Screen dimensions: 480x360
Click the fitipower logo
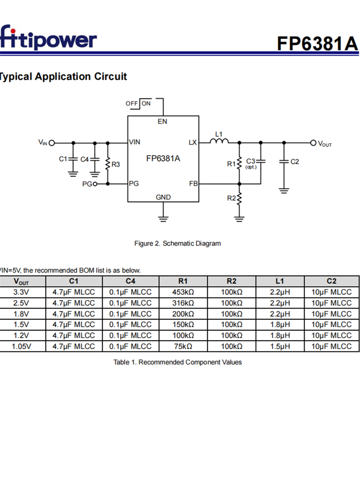(48, 38)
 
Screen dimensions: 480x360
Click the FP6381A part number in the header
(317, 43)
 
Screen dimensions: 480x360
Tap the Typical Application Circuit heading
(63, 76)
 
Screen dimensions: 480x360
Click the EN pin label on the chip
(162, 121)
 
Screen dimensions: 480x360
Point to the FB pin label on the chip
(193, 184)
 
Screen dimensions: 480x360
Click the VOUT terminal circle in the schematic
(313, 143)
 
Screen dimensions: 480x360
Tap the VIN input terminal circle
(52, 143)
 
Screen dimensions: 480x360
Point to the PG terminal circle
(95, 184)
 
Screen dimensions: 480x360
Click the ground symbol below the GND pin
(163, 219)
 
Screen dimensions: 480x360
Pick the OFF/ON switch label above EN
(138, 103)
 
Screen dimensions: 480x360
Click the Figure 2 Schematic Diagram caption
(178, 243)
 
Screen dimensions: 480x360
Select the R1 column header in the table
(183, 281)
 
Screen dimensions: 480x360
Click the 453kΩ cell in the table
(183, 292)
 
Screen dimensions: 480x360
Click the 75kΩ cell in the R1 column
(183, 346)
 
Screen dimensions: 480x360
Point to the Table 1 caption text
(178, 362)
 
